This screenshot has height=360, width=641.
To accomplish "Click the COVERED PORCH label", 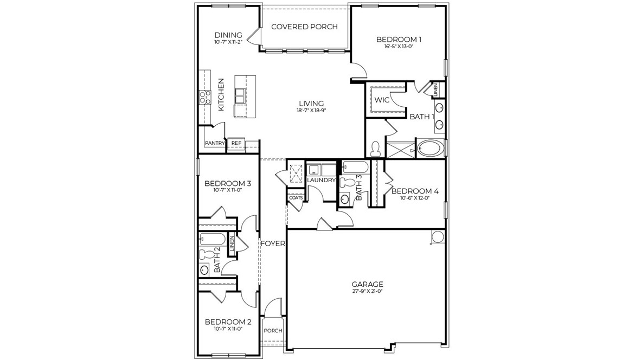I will coord(304,27).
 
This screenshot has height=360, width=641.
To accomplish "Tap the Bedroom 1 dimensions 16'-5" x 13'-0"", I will coord(399,47).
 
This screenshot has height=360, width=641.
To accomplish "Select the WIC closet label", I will coord(382,100).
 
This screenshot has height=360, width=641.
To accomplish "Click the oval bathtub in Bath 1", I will coord(430,147).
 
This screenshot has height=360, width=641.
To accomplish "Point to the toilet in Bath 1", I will coord(375,149).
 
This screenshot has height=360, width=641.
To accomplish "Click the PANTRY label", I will coord(215,143).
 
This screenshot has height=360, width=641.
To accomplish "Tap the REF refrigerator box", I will coord(236,144).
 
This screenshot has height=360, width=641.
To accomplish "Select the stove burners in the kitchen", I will coord(204,97).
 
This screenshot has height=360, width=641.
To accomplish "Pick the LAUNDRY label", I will coord(321,180).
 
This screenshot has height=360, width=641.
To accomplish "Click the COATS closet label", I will coord(296,198).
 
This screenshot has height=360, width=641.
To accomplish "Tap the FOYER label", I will coord(273,243).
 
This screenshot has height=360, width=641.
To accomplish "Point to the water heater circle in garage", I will coord(437,236).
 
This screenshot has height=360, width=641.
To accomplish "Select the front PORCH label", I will coord(273,331).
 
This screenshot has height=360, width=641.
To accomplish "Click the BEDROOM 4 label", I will coord(414,191).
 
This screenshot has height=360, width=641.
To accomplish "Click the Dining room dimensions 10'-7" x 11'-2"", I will coord(228,42).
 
